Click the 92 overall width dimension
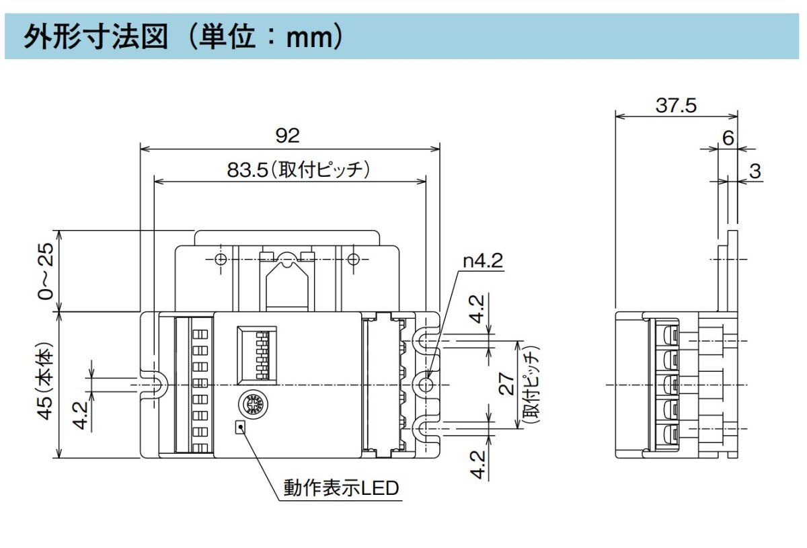[288, 136]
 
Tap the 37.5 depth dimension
[676, 106]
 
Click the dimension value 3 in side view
[755, 171]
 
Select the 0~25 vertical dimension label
[46, 272]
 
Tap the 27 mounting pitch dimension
[509, 384]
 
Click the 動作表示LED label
[342, 487]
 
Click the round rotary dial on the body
[255, 403]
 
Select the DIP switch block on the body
[256, 354]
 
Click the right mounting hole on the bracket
[354, 260]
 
